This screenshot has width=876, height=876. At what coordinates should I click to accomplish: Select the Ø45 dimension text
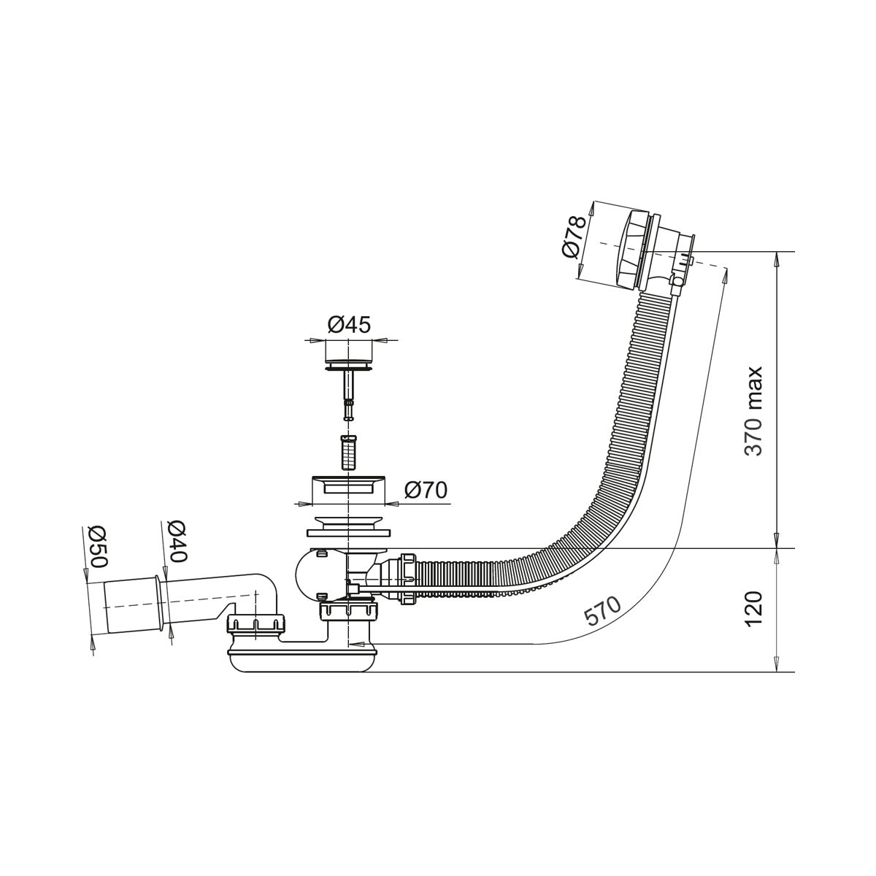(349, 325)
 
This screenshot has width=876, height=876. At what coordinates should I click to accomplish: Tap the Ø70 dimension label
(426, 490)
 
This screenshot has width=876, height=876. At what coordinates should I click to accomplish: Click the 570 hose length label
(602, 612)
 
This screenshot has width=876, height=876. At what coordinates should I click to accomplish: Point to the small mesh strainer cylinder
(347, 453)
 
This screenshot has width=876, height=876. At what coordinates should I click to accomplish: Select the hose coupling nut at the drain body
(407, 579)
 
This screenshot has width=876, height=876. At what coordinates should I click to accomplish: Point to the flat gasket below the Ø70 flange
(348, 532)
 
